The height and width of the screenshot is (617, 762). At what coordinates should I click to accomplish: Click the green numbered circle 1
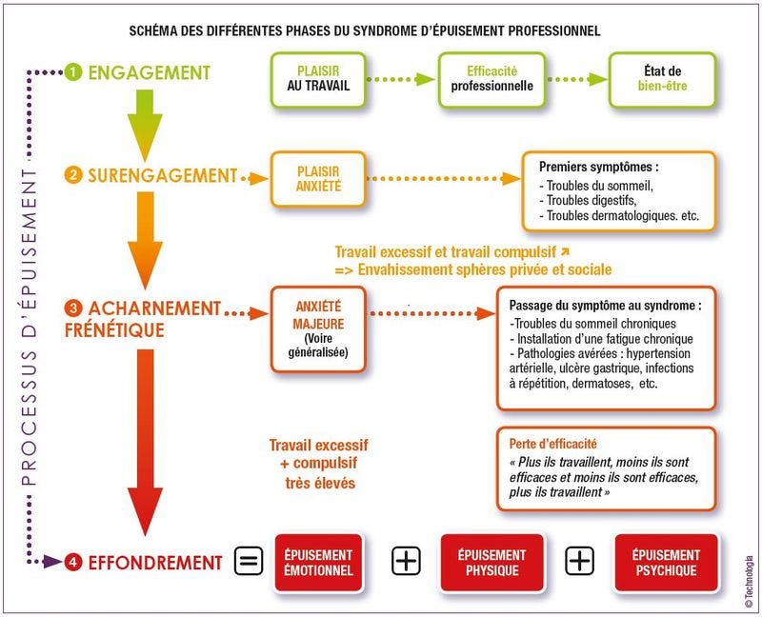click(72, 72)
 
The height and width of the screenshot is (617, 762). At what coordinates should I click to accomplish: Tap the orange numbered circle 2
click(72, 175)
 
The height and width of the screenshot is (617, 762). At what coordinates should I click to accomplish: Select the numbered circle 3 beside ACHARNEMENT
click(73, 308)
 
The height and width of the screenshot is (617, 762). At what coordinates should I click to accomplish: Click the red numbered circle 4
click(73, 562)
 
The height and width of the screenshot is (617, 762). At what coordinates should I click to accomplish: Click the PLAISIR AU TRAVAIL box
click(318, 80)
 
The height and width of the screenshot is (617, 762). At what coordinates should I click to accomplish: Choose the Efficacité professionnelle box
click(491, 80)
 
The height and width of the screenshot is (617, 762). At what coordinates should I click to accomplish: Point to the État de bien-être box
click(662, 80)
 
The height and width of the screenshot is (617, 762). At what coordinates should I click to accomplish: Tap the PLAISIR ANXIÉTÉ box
click(318, 179)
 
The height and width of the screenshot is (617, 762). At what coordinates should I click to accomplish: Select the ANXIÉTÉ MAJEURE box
click(318, 329)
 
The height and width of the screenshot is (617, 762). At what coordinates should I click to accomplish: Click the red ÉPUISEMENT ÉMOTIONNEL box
click(318, 563)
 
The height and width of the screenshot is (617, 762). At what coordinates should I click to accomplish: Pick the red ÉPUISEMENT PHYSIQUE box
click(491, 563)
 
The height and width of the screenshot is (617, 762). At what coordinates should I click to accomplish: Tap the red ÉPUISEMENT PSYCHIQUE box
click(666, 563)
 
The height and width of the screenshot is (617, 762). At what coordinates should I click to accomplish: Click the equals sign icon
click(249, 561)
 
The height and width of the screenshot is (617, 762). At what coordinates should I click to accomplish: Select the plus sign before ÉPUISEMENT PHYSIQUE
click(406, 561)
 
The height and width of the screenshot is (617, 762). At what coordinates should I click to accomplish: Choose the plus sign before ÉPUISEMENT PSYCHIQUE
click(579, 561)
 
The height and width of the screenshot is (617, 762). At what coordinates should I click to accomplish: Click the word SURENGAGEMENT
click(162, 175)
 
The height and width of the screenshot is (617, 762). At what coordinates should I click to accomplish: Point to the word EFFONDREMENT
click(155, 563)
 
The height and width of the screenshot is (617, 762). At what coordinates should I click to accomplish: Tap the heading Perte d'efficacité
click(553, 444)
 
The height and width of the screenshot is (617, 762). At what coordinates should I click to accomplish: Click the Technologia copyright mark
click(749, 581)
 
